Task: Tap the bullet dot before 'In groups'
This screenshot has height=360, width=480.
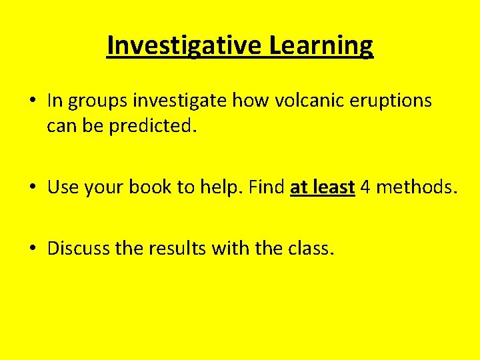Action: coord(32,101)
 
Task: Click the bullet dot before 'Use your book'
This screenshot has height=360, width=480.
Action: coord(32,188)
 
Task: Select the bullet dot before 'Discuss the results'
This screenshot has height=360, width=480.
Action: coord(32,249)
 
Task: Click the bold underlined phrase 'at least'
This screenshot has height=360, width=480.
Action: coord(322,188)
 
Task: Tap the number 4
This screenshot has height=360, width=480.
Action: coord(365,188)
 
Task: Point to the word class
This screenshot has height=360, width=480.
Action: coord(310,249)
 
